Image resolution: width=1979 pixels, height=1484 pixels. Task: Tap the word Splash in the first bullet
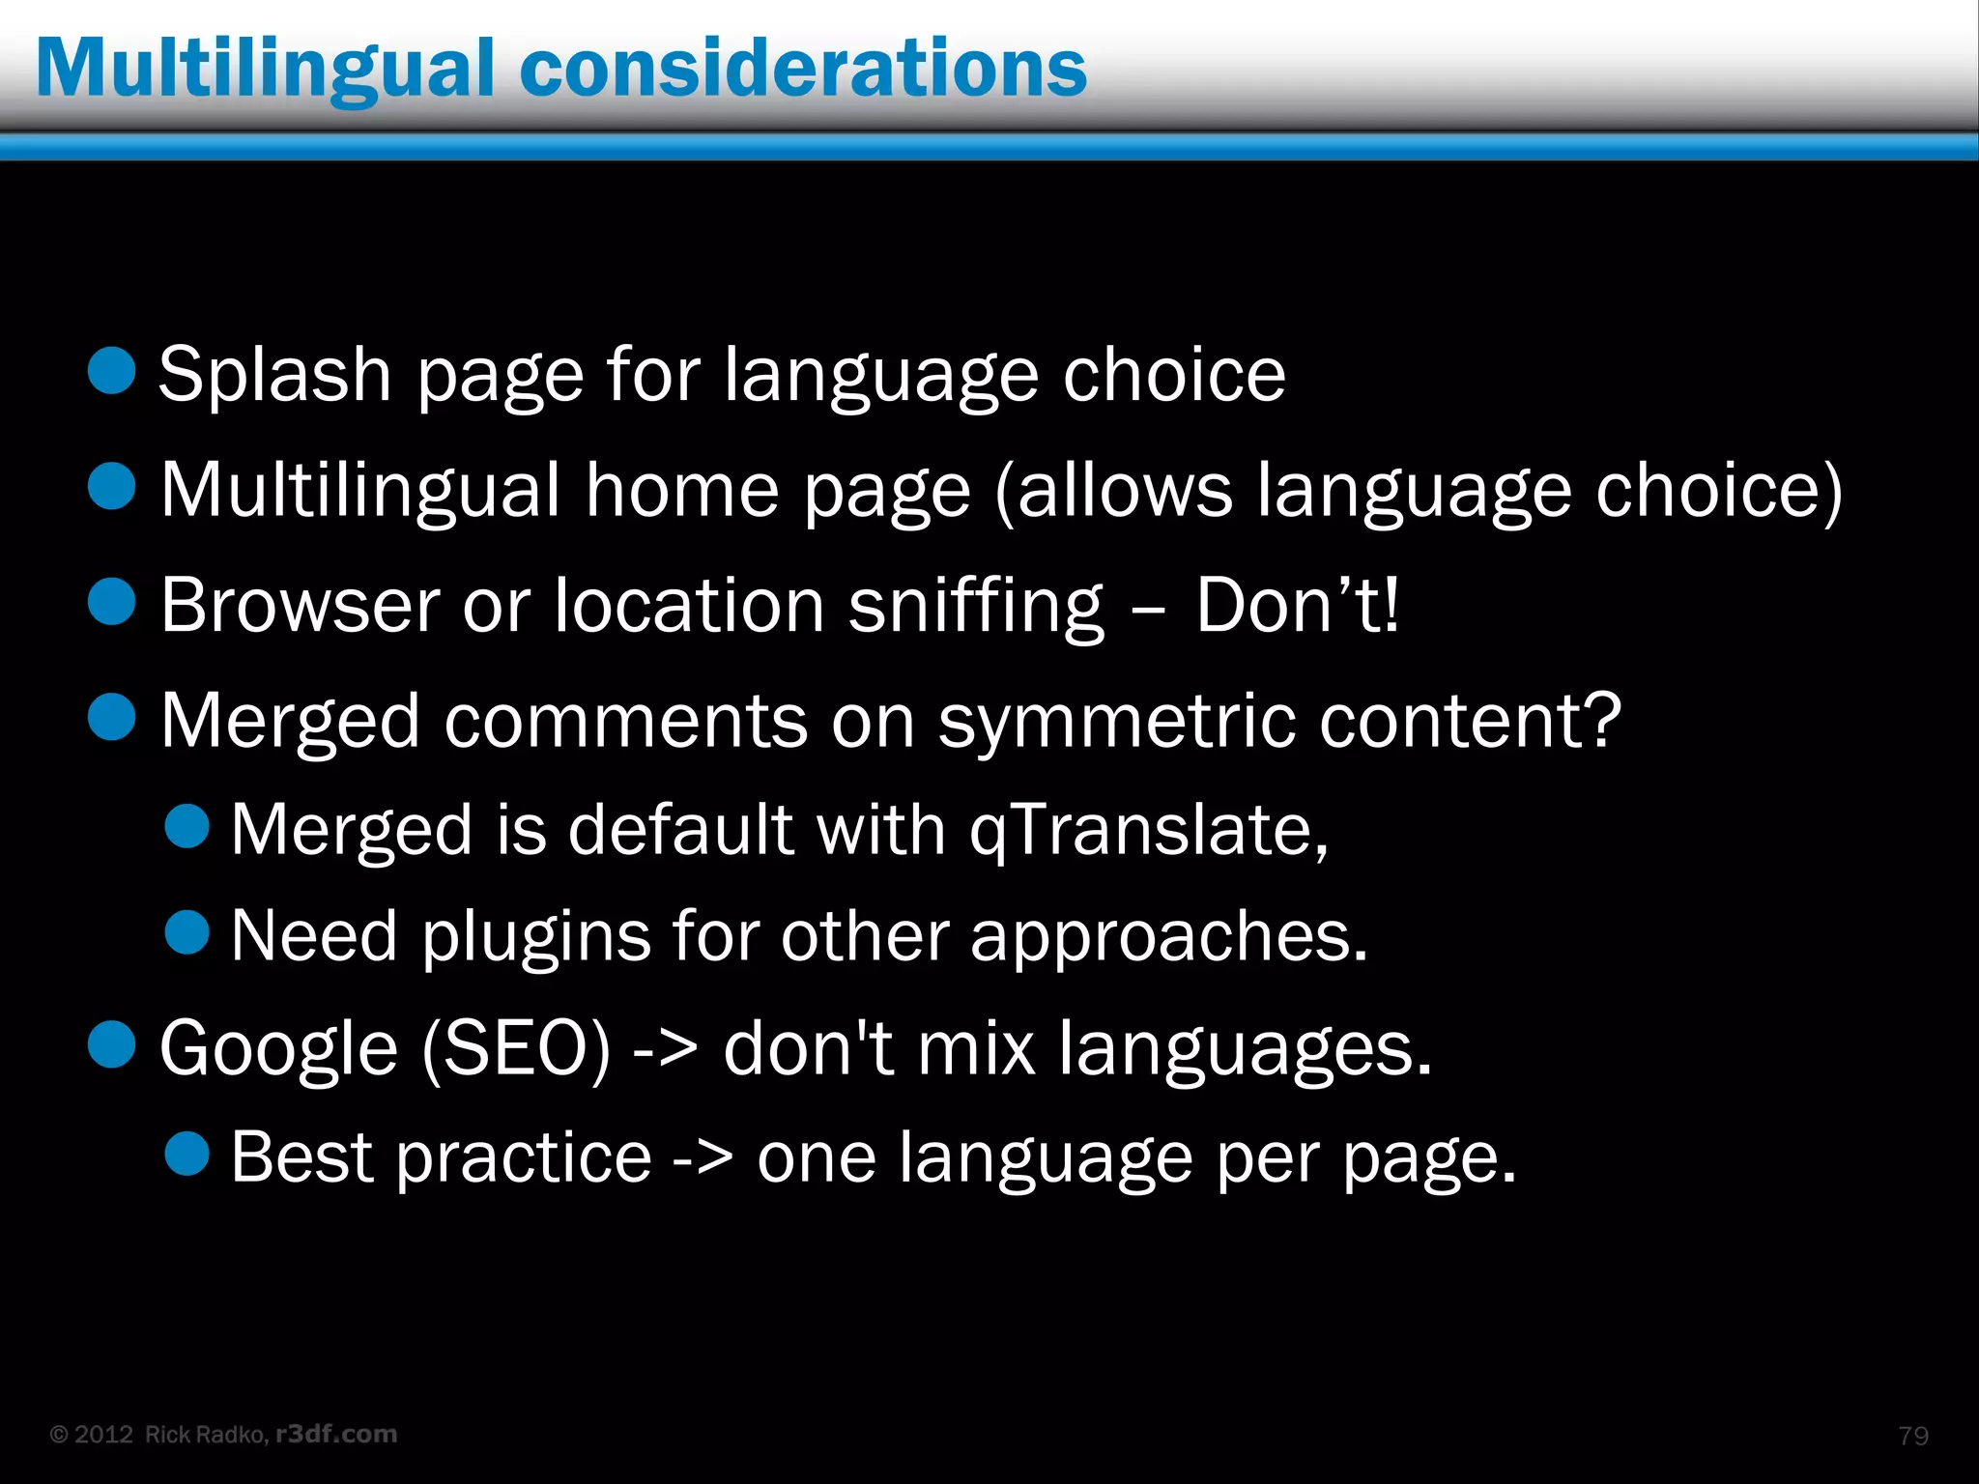pos(274,375)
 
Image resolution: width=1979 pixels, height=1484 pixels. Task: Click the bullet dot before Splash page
pos(111,371)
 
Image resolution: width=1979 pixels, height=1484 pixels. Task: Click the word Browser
pos(299,606)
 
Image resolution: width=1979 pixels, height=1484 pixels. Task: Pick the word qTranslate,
pos(1149,830)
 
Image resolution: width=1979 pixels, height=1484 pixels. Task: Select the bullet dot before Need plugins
pos(187,932)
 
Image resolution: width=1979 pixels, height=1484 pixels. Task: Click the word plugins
pos(535,937)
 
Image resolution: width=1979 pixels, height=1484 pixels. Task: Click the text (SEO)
pos(516,1049)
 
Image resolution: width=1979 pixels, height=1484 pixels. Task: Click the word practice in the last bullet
pos(525,1157)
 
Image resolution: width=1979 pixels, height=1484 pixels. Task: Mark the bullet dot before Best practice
pos(187,1153)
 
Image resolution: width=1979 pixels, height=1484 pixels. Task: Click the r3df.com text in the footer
pos(336,1434)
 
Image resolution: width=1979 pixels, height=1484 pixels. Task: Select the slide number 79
pos(1913,1436)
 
